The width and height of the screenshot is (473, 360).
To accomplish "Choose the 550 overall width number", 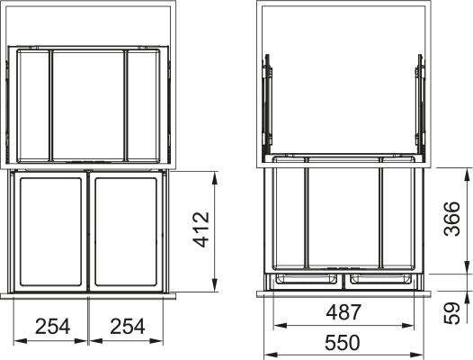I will (x=344, y=342).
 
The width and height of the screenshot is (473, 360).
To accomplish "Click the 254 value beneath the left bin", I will (x=51, y=326).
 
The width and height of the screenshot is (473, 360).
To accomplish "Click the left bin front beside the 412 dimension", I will (x=51, y=232).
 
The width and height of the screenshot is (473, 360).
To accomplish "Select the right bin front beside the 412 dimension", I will (x=125, y=232).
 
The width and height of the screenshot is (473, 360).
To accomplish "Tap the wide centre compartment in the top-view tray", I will (x=88, y=104).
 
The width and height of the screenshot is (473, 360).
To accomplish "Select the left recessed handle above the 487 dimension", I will (x=308, y=279).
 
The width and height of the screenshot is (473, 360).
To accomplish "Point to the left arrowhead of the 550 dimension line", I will (x=264, y=354).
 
